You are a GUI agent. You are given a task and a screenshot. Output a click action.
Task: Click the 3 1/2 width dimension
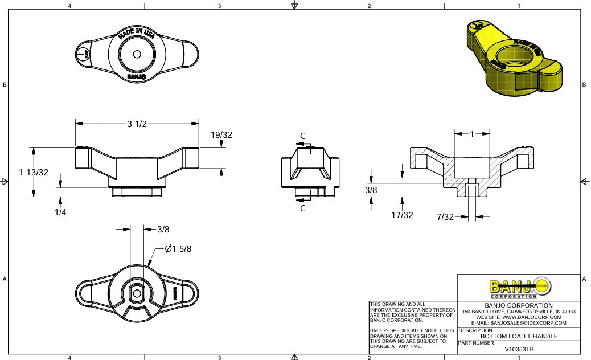(x=137, y=124)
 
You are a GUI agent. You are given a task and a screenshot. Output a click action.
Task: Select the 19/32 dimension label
(x=221, y=135)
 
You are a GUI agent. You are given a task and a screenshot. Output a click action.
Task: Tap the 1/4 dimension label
(x=60, y=212)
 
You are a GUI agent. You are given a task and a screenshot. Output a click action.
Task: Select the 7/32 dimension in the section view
(x=445, y=216)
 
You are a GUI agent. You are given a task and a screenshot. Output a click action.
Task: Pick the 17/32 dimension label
(x=402, y=215)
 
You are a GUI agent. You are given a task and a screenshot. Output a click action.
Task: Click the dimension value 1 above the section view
(x=472, y=134)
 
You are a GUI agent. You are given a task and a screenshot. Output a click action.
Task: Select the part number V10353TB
(x=519, y=349)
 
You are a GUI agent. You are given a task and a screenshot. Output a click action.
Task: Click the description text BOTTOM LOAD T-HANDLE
(x=519, y=336)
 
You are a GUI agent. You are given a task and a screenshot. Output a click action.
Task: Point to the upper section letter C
(x=303, y=136)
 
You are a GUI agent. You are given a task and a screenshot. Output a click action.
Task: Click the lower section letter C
(x=303, y=208)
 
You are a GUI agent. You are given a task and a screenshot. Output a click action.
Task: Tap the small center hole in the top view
(x=137, y=54)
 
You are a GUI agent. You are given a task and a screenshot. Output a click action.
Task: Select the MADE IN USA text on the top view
(x=137, y=33)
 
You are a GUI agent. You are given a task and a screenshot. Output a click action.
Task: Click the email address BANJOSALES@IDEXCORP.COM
(x=519, y=323)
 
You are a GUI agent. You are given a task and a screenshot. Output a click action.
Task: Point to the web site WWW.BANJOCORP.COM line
(x=519, y=317)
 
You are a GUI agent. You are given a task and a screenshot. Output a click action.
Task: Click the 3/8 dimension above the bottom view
(x=163, y=230)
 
